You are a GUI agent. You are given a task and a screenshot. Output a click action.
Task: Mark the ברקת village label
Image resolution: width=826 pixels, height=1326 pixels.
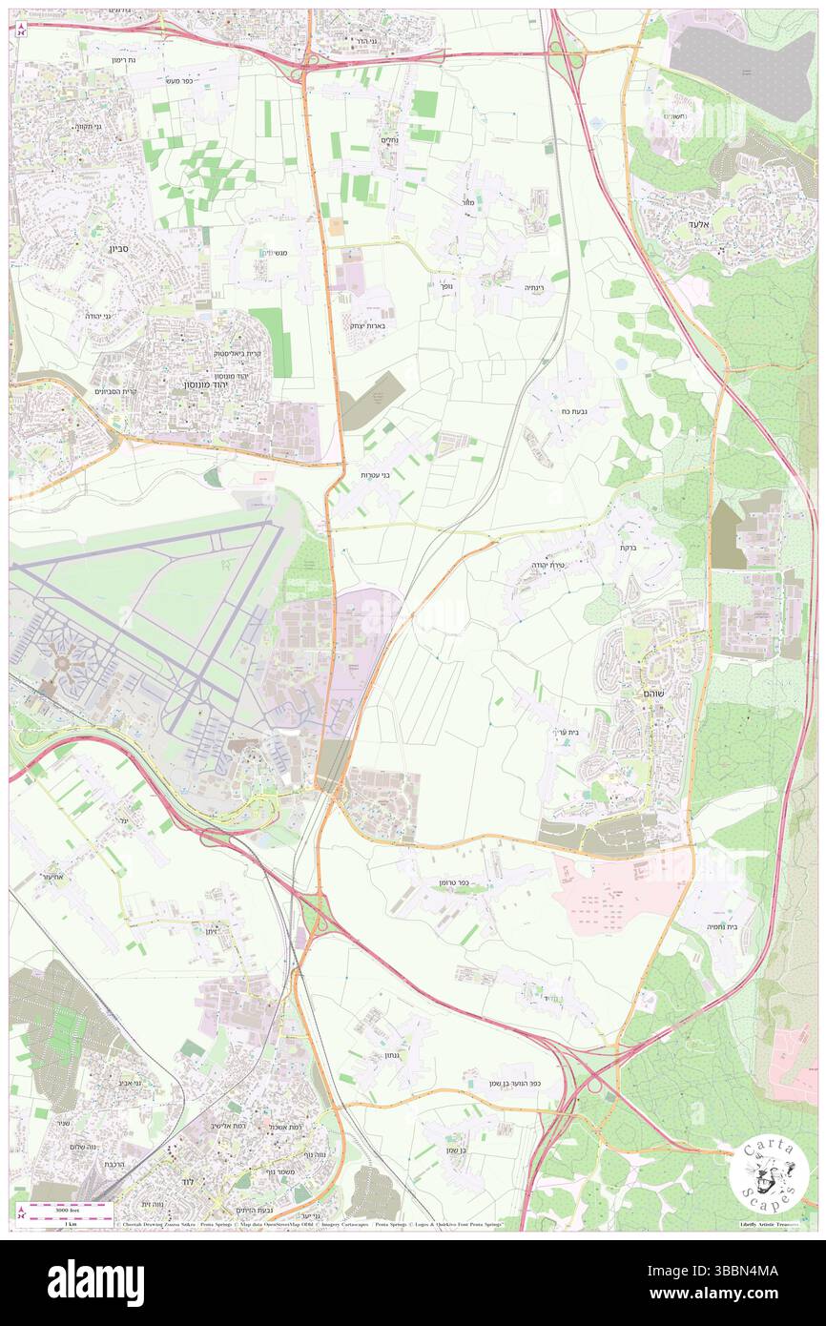[x=628, y=548]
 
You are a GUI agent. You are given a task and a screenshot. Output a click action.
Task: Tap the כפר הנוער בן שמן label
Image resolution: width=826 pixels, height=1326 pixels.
[x=520, y=1097]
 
